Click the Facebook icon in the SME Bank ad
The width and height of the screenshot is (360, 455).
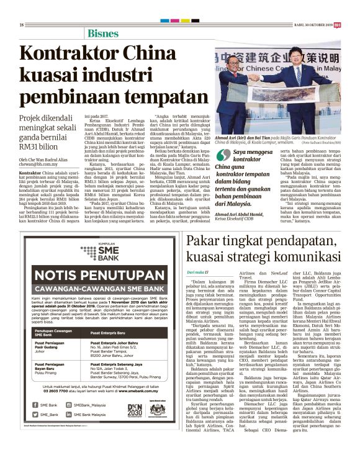click(35, 405)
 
